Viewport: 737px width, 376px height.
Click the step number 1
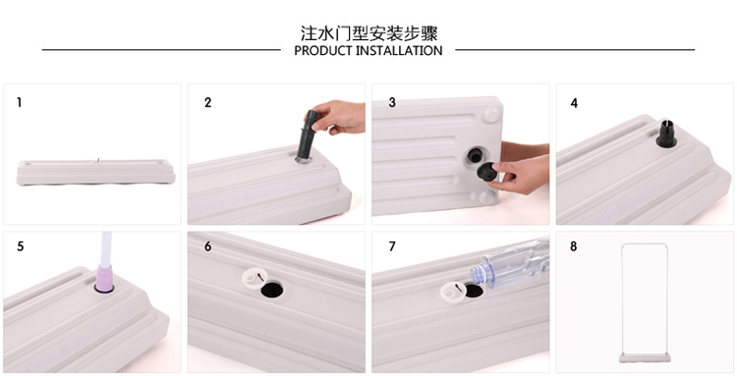point(20,102)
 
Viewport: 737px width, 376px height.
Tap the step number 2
point(207,102)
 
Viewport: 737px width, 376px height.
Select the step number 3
point(392,102)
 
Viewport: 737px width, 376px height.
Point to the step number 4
point(574,103)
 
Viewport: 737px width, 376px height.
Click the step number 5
point(21,246)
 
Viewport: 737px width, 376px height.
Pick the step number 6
point(207,246)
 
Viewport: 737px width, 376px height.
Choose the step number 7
point(392,246)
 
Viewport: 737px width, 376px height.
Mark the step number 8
point(574,246)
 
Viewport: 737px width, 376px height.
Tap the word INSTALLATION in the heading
point(399,51)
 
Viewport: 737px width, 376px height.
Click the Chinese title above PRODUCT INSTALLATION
point(368,33)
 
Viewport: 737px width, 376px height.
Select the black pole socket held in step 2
point(307,134)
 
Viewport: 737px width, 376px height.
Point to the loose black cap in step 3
point(488,171)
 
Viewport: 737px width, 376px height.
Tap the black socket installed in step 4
point(666,134)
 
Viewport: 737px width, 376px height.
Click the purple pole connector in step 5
point(104,278)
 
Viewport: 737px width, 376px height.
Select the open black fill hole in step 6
point(272,290)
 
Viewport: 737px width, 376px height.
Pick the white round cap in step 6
point(255,278)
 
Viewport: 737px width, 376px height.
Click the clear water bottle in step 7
point(510,265)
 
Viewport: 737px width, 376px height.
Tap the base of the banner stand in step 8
point(645,358)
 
